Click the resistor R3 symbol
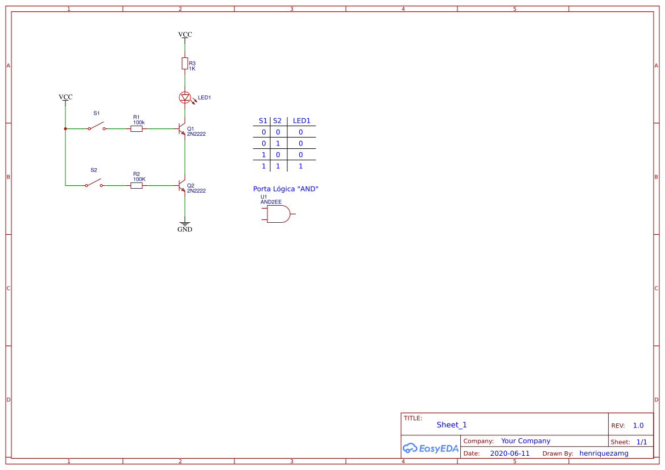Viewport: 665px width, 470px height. pos(184,63)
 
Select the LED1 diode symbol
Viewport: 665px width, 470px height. pos(184,97)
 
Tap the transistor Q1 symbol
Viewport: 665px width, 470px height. pos(182,129)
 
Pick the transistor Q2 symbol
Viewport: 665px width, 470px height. pos(182,186)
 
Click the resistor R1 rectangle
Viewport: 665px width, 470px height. pos(137,129)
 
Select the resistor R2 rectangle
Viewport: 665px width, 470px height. pos(137,186)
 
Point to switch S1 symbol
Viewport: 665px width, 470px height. pos(97,126)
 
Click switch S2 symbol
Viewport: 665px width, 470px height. pos(94,183)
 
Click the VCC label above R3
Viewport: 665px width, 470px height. pos(185,35)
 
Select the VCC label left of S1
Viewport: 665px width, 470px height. pos(65,97)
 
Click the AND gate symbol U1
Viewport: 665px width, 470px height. pos(279,214)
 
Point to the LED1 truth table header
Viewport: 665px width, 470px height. pos(301,121)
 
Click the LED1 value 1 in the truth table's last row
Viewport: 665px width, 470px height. pos(300,166)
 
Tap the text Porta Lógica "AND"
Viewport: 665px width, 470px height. pos(286,189)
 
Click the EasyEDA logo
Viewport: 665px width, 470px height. pos(431,448)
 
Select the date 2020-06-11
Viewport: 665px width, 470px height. pos(510,454)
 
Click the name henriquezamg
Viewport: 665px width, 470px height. pos(604,454)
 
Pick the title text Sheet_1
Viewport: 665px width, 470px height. pos(452,425)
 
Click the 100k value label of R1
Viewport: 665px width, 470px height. pos(139,122)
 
